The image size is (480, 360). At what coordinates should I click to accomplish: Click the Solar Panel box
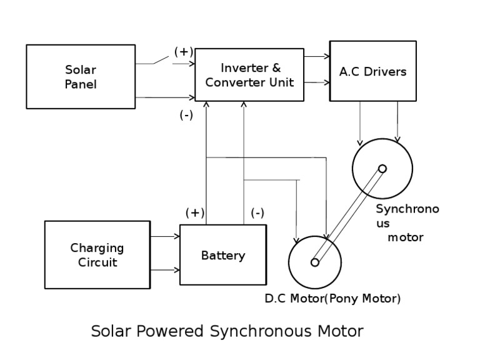(81, 76)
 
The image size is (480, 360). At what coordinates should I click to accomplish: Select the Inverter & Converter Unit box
(249, 75)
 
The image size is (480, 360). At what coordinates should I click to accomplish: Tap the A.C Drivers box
(372, 71)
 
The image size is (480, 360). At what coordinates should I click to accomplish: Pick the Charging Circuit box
(97, 255)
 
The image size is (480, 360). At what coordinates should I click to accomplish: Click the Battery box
(222, 256)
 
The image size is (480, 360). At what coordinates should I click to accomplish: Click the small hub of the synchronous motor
(382, 168)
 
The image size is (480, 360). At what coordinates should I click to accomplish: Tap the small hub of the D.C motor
(314, 262)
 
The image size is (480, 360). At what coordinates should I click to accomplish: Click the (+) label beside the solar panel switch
(183, 51)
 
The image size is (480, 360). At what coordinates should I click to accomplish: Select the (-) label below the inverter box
(186, 115)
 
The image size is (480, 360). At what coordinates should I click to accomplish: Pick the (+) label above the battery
(195, 212)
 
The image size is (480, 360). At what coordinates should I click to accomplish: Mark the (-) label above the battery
(257, 212)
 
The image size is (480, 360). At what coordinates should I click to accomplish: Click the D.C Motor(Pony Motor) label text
(332, 298)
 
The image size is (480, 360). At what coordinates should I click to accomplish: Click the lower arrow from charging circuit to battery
(165, 271)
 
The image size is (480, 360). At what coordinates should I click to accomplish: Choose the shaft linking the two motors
(348, 216)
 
